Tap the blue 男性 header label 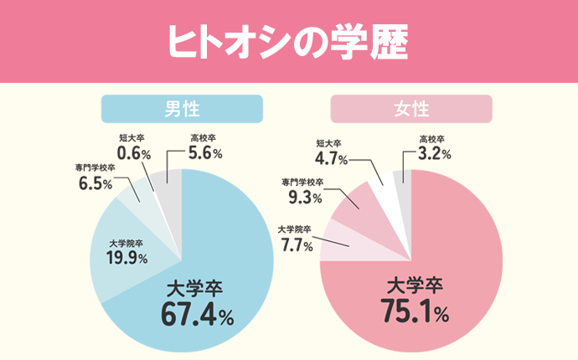click(x=182, y=108)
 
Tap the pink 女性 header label click(x=410, y=108)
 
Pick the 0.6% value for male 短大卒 click(x=133, y=153)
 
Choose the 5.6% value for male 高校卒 click(x=204, y=153)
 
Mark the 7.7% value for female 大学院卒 click(x=295, y=245)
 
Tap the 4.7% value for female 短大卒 click(x=332, y=157)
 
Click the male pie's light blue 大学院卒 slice click(x=126, y=268)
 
